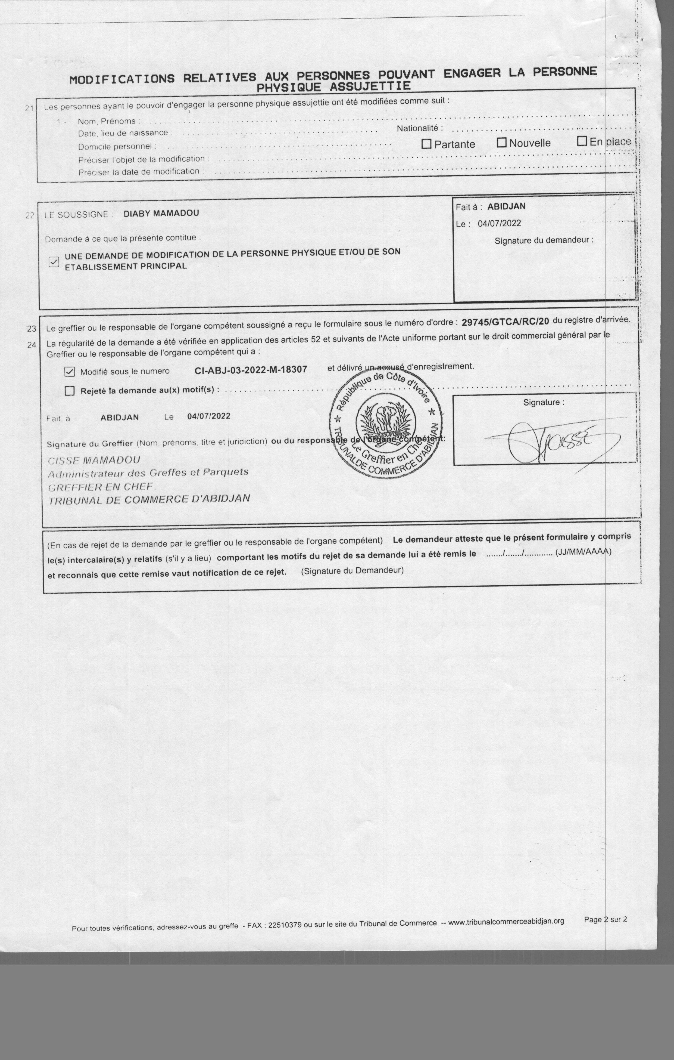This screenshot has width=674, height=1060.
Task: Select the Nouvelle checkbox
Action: pyautogui.click(x=501, y=143)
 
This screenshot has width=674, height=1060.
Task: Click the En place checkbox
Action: pyautogui.click(x=582, y=141)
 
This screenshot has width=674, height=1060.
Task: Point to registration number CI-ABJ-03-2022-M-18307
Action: pyautogui.click(x=251, y=369)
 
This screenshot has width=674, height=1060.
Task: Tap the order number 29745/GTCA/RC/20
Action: pyautogui.click(x=505, y=321)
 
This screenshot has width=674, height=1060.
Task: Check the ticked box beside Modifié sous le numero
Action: pyautogui.click(x=70, y=372)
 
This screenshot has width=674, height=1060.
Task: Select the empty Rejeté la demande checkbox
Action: pyautogui.click(x=70, y=391)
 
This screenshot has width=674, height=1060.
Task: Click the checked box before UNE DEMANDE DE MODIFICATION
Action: pyautogui.click(x=54, y=262)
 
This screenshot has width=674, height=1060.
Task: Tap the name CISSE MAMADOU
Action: pyautogui.click(x=94, y=461)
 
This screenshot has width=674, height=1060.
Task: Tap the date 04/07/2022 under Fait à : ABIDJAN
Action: pyautogui.click(x=499, y=223)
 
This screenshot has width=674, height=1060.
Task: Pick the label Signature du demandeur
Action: pyautogui.click(x=544, y=240)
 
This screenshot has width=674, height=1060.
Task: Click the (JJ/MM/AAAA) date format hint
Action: pyautogui.click(x=583, y=552)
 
